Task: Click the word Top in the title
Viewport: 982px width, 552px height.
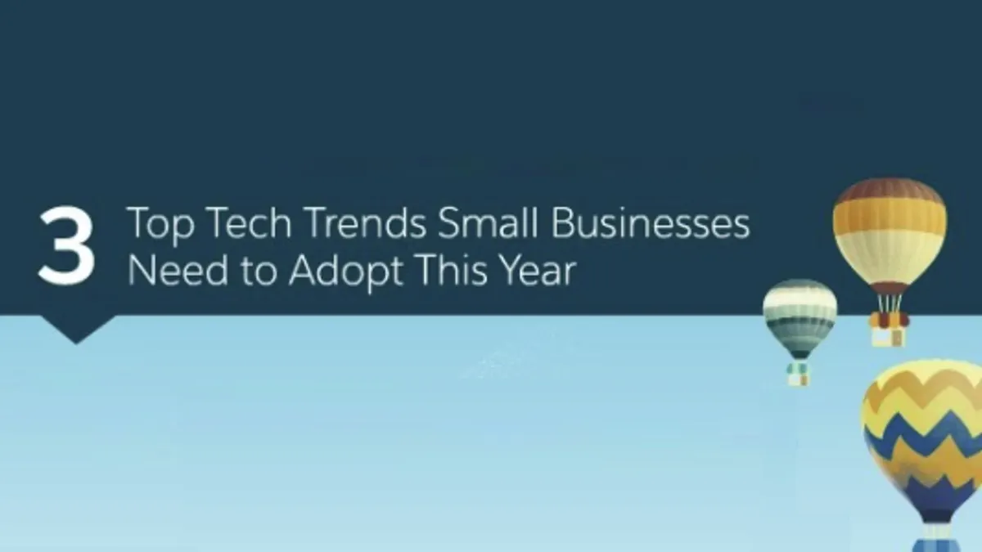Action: point(160,224)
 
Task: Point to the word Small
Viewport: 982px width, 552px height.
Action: point(488,222)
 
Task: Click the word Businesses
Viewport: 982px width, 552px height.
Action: point(650,222)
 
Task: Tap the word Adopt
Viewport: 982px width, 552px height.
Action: point(346,272)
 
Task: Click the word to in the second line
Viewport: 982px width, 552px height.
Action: point(259,271)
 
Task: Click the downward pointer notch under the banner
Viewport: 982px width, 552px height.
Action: point(77,329)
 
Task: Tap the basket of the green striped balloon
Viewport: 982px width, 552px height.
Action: point(799,375)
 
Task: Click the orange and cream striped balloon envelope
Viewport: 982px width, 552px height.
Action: point(889,232)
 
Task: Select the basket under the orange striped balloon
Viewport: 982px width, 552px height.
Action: point(888,335)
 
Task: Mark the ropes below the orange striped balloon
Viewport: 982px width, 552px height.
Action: point(890,303)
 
